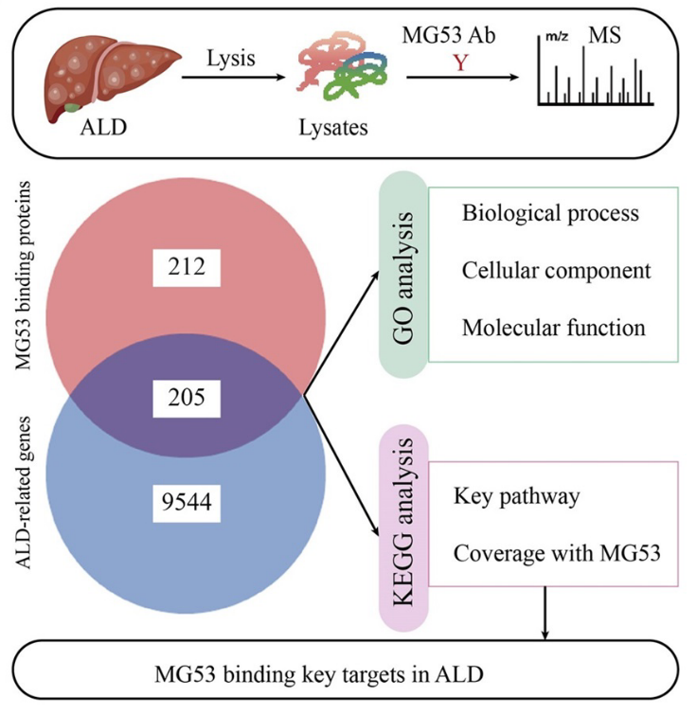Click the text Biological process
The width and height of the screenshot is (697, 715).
tap(550, 212)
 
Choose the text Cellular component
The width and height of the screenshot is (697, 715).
tap(556, 270)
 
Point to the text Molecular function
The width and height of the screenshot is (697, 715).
tap(554, 328)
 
